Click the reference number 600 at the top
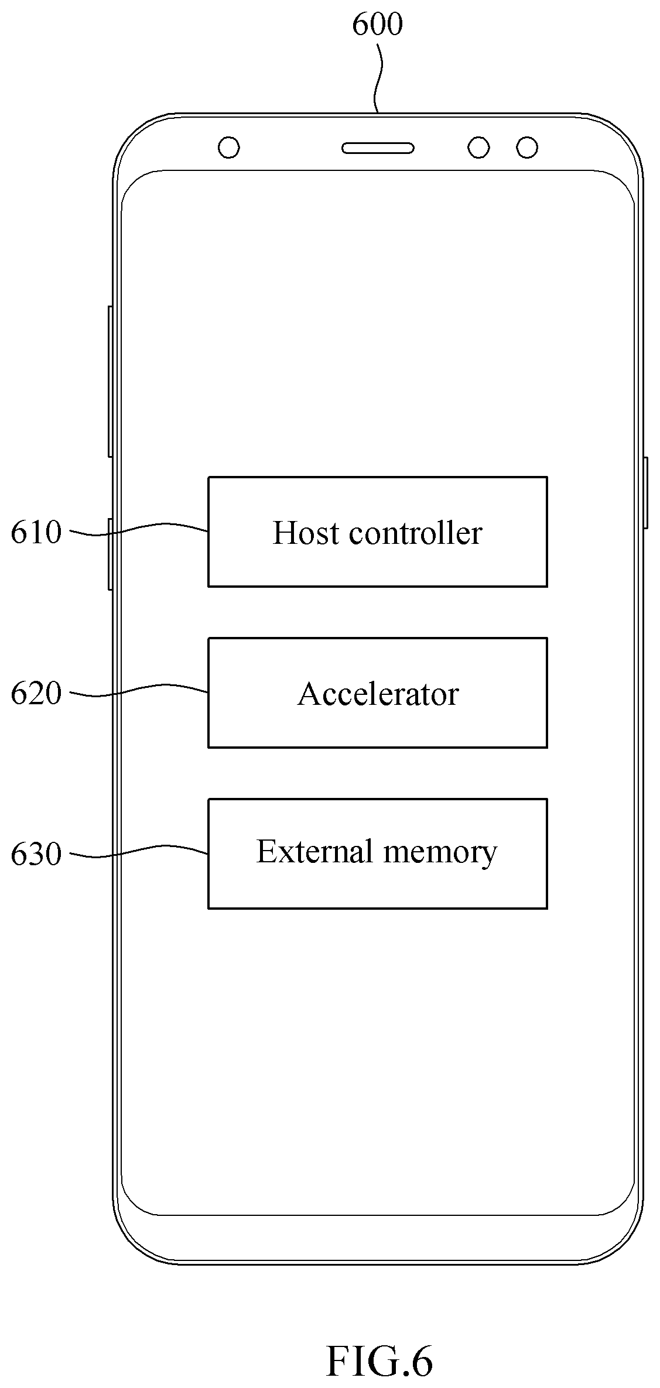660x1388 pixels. click(x=377, y=25)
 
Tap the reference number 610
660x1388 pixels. click(x=36, y=533)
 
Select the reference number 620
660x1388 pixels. click(x=36, y=694)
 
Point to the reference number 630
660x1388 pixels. click(x=36, y=854)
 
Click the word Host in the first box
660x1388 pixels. click(x=306, y=533)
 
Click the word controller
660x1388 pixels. click(x=415, y=533)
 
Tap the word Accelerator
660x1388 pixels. click(x=378, y=694)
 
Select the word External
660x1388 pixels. click(x=314, y=851)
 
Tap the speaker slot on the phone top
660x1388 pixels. click(x=378, y=148)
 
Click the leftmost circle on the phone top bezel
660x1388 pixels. click(x=229, y=148)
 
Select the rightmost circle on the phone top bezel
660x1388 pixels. click(x=527, y=148)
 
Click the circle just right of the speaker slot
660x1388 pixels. click(x=478, y=148)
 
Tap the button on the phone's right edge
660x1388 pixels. click(x=645, y=493)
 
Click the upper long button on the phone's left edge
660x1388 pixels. click(x=110, y=382)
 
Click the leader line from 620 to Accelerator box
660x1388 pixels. click(x=139, y=691)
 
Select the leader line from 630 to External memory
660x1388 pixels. click(x=139, y=852)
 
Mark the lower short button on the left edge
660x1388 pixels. click(x=110, y=554)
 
